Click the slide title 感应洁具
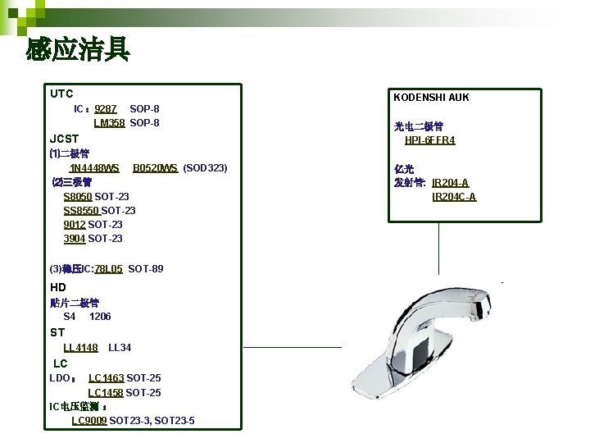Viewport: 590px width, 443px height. [78, 50]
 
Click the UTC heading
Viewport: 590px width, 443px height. [61, 94]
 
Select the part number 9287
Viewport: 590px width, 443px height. [106, 108]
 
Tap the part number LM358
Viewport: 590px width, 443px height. [109, 123]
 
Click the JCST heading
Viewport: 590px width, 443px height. [65, 139]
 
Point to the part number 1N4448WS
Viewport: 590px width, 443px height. [94, 168]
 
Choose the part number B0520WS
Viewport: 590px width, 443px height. [155, 168]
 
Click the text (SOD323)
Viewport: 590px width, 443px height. [205, 168]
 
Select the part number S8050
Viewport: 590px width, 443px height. [78, 197]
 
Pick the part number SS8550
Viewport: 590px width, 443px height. [81, 211]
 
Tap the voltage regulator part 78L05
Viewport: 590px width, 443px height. [109, 269]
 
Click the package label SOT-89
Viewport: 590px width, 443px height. [146, 269]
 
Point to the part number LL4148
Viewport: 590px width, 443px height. [80, 348]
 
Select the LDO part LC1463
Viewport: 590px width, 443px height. [106, 378]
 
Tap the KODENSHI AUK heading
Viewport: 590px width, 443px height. [431, 98]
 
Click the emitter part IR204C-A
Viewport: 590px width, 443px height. [454, 197]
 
